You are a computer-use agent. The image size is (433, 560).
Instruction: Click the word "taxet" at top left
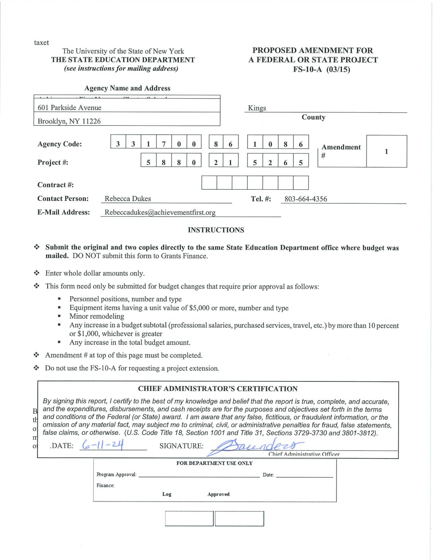tap(41, 43)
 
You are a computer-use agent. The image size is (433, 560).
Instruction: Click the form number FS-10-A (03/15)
tap(322, 70)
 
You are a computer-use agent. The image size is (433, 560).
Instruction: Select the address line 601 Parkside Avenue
tap(70, 108)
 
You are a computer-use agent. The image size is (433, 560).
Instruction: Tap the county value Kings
tap(257, 108)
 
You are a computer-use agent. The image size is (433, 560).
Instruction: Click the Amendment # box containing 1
tap(386, 152)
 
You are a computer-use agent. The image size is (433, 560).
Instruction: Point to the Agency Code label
tap(60, 144)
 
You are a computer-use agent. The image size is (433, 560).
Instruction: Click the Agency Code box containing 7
tap(164, 144)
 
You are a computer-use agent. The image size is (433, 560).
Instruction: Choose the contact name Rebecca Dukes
tap(128, 199)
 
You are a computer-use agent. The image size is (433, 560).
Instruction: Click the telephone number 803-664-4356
tap(306, 199)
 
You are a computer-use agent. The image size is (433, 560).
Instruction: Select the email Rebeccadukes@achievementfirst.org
tap(160, 212)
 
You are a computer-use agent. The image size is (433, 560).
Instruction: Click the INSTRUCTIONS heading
tap(216, 230)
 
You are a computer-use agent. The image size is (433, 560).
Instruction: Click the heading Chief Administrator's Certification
tap(218, 389)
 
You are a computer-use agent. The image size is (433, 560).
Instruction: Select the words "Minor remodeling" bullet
tap(97, 316)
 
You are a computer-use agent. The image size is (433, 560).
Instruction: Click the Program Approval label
tap(116, 474)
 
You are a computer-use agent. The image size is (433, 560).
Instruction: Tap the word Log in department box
tap(167, 494)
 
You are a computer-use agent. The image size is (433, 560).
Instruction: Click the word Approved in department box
tap(218, 494)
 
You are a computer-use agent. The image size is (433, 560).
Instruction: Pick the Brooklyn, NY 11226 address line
tap(69, 121)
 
